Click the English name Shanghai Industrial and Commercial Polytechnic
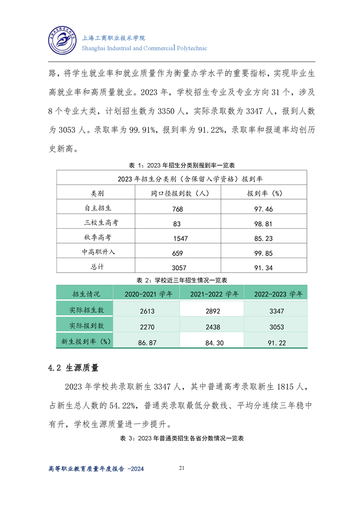pos(144,48)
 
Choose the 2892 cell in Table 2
pos(212,311)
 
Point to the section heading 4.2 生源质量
pos(74,367)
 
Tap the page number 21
pos(182,468)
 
